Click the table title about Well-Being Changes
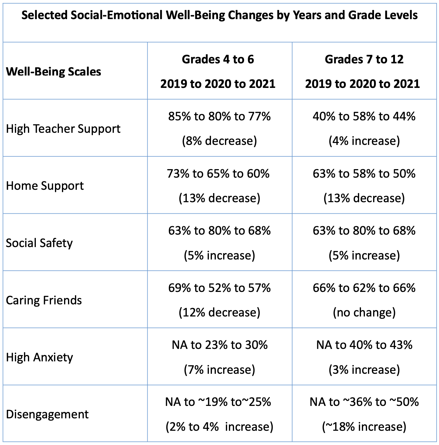coord(219,15)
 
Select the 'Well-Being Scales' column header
coord(53,72)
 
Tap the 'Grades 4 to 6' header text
coord(218,59)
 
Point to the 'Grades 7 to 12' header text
coord(364,59)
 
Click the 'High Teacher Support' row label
coord(63,129)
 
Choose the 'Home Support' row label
coord(45,186)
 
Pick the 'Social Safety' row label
coord(39,243)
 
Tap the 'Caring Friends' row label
coord(44,300)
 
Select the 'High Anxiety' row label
coord(39,357)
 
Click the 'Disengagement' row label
coord(47,414)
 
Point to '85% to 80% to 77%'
coord(219,116)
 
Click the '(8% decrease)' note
coord(219,141)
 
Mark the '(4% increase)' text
coord(364,141)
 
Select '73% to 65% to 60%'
coord(218,174)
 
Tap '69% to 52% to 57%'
coord(219,288)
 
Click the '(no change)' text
coord(364,313)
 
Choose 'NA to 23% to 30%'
coord(219,345)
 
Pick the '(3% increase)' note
coord(364,370)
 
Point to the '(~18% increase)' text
coord(364,427)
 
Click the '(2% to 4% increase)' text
coord(219,427)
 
